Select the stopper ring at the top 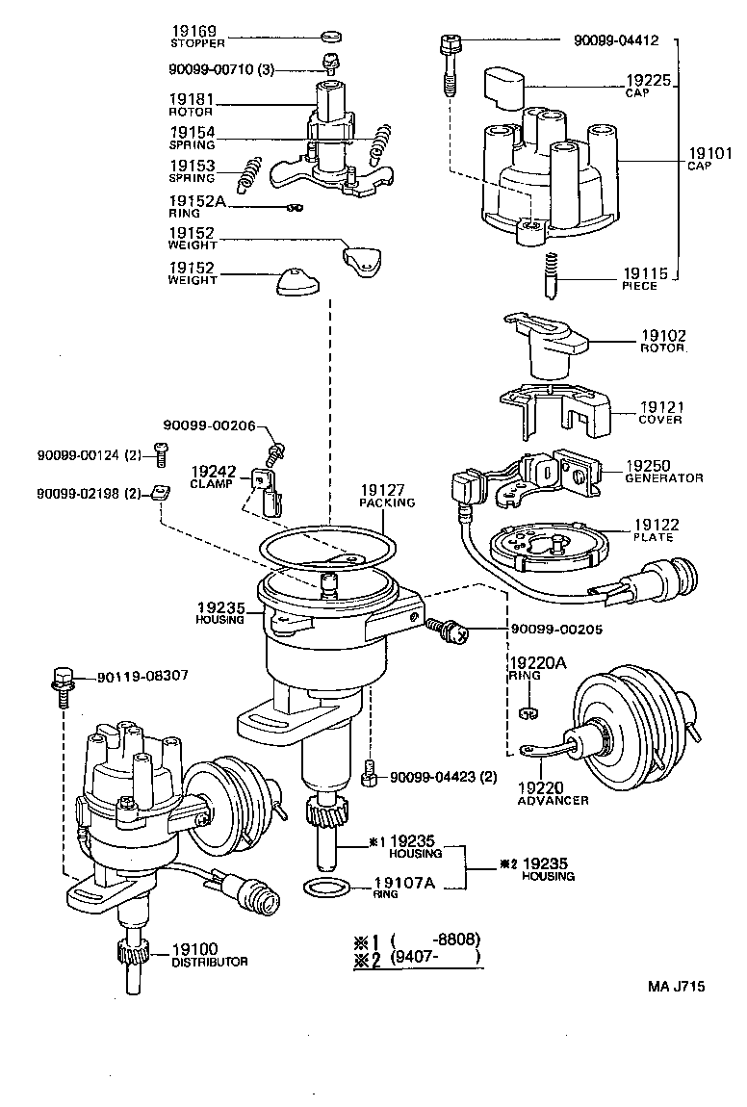(x=330, y=37)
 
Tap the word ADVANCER (x=553, y=801)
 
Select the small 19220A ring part (x=526, y=713)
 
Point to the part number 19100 (x=195, y=948)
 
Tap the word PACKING (x=387, y=502)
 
